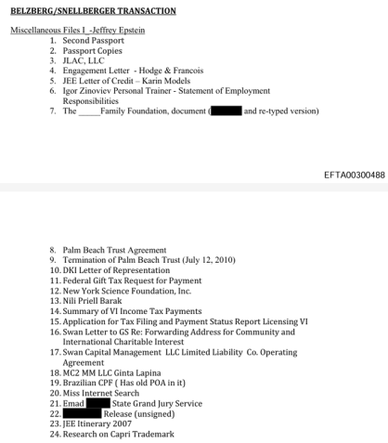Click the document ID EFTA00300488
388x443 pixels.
pyautogui.click(x=347, y=176)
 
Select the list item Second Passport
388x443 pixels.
pyautogui.click(x=93, y=41)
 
